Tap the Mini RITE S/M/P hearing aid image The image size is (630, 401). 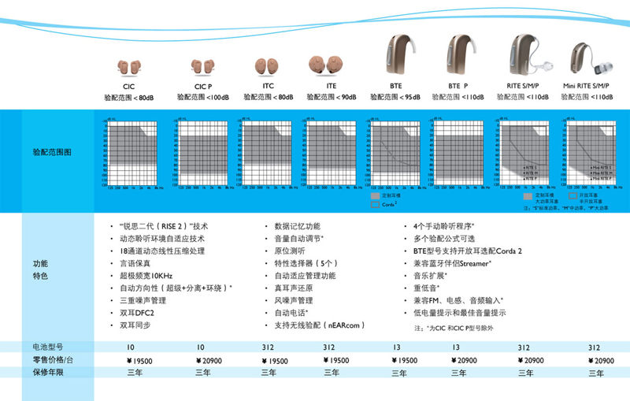tap(587, 59)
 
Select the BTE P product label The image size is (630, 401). tap(458, 87)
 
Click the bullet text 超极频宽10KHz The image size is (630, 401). tap(146, 276)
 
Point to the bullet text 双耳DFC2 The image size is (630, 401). tap(138, 313)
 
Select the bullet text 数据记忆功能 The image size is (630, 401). tap(297, 226)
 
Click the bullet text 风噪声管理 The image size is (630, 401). tap(294, 300)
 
